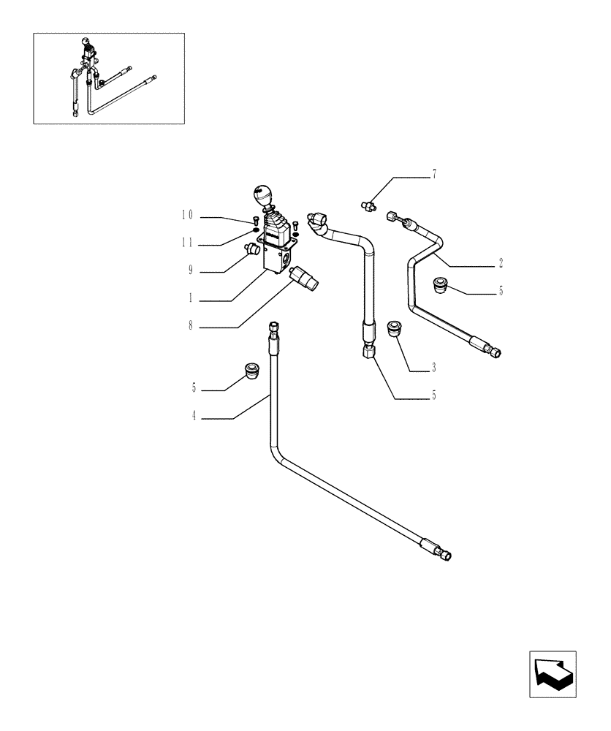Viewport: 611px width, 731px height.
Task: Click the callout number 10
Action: pos(188,216)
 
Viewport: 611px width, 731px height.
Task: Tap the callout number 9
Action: pos(191,271)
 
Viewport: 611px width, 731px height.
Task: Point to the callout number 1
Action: pos(191,299)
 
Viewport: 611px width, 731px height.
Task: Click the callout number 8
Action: pos(191,327)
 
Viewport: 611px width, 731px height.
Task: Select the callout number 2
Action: pos(501,262)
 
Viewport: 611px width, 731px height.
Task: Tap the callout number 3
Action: pos(433,368)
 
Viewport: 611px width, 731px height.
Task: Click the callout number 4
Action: pos(194,417)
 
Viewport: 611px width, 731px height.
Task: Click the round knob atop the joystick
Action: pos(261,196)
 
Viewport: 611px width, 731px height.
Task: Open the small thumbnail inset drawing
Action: pos(109,78)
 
